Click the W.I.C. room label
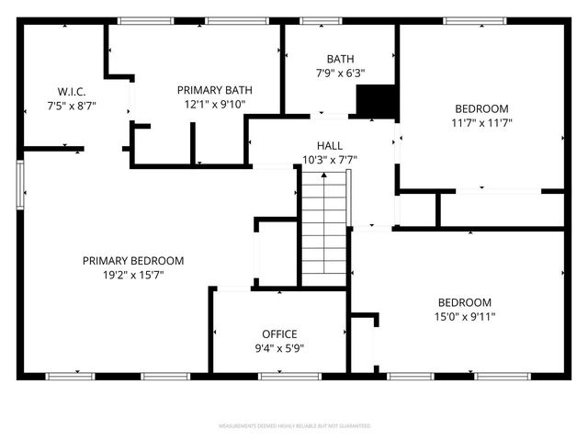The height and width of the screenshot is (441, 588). pos(72,92)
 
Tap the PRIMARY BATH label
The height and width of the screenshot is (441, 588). pos(214,90)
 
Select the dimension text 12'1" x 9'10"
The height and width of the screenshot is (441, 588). pos(214,105)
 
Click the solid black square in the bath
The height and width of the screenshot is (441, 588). pos(374,101)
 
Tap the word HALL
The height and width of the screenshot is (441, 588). pos(330,145)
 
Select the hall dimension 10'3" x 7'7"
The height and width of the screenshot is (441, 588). pos(330,160)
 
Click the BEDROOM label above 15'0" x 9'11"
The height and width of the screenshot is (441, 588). pos(464,302)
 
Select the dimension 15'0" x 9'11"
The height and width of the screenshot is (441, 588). pos(464,317)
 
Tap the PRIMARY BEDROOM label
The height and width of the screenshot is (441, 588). pos(133,260)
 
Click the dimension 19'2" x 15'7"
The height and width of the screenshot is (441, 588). pos(133,275)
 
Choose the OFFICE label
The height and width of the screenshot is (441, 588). pos(279,334)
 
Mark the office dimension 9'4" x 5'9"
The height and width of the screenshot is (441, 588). pos(279,348)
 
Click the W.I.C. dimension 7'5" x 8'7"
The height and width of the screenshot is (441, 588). pos(72,106)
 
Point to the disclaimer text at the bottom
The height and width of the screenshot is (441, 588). pos(294,427)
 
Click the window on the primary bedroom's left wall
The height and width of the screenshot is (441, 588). pos(20,184)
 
